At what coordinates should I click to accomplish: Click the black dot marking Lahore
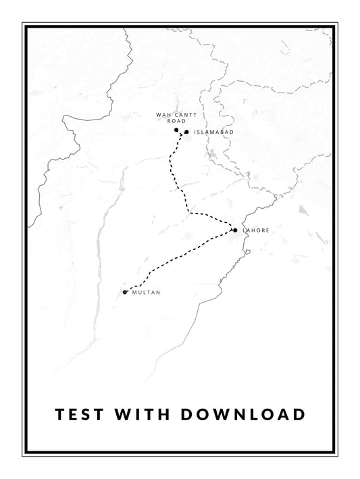coord(235,230)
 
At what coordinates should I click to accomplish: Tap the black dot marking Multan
coord(125,292)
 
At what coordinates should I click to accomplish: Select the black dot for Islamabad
coord(186,132)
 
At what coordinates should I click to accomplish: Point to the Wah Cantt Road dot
coord(176,130)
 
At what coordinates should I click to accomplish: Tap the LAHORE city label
coord(256,231)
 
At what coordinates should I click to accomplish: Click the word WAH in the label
coord(162,116)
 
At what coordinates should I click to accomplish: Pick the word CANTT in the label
coord(181,116)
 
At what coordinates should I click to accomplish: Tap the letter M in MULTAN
coord(135,293)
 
